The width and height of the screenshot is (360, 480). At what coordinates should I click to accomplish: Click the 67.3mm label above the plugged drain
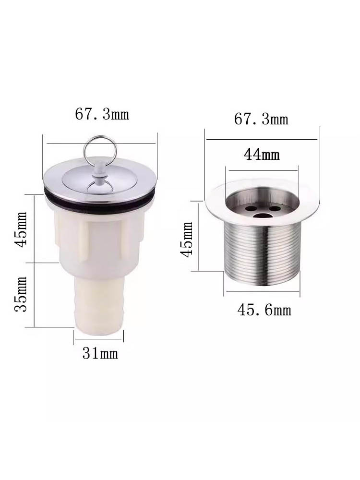(102, 114)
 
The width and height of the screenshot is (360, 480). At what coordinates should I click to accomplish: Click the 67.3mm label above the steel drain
(261, 119)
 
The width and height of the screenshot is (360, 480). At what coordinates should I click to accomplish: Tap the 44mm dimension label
(262, 155)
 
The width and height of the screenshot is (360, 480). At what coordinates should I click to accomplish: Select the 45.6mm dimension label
(264, 310)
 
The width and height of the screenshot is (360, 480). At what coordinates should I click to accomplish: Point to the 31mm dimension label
(100, 354)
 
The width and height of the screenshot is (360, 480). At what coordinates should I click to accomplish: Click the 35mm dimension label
(21, 294)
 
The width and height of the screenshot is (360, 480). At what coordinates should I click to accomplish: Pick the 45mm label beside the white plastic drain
(21, 228)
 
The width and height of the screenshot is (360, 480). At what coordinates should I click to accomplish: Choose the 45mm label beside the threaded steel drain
(186, 240)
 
